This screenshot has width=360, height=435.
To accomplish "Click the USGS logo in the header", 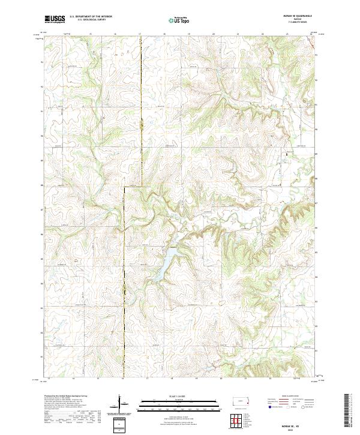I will [55, 19].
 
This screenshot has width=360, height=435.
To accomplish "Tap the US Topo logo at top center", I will [179, 20].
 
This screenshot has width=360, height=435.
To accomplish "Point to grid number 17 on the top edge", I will [140, 34].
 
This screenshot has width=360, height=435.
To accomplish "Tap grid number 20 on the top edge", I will [214, 34].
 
